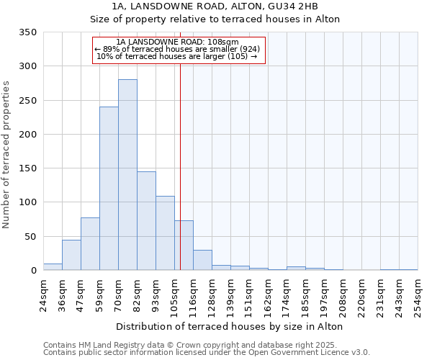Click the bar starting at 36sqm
point(71,256)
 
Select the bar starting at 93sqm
point(165,233)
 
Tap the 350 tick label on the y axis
point(28,32)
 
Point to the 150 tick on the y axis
point(28,168)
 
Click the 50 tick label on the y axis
point(31,237)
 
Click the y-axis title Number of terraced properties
point(7,154)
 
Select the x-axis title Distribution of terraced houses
point(229,326)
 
